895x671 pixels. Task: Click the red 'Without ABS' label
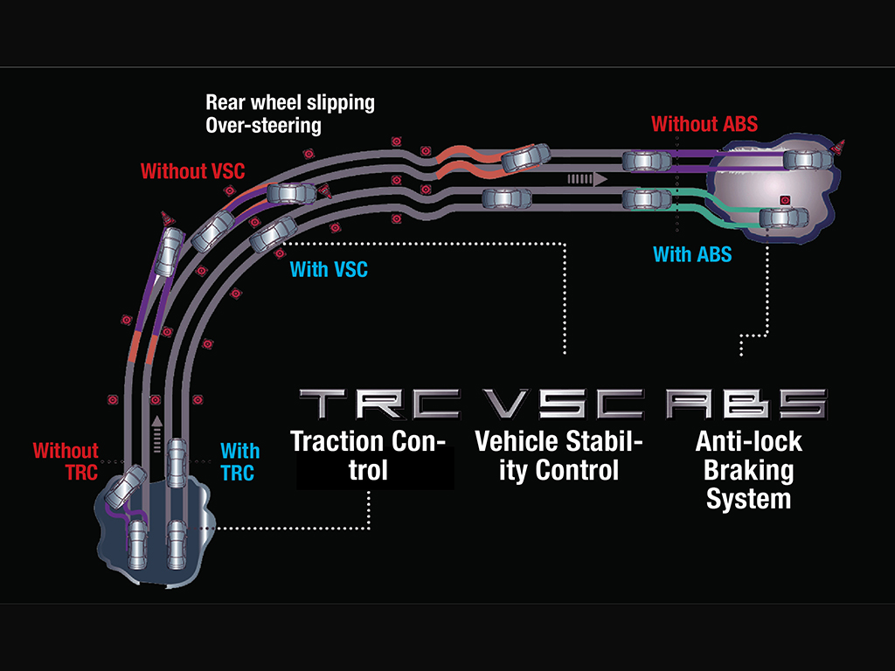pyautogui.click(x=704, y=124)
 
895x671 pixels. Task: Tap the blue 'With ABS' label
pyautogui.click(x=692, y=254)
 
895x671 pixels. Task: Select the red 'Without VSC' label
pyautogui.click(x=192, y=170)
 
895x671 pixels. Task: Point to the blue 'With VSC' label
pyautogui.click(x=329, y=269)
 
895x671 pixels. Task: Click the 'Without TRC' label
pyautogui.click(x=66, y=461)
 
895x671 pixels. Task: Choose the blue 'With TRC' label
pyautogui.click(x=239, y=461)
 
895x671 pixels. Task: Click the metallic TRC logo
pyautogui.click(x=379, y=404)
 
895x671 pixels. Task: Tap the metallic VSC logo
pyautogui.click(x=563, y=404)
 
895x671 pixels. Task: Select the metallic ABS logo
pyautogui.click(x=746, y=404)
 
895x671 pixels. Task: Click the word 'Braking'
pyautogui.click(x=748, y=471)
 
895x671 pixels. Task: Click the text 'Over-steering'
pyautogui.click(x=263, y=126)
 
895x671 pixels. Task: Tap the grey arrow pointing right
pyautogui.click(x=586, y=179)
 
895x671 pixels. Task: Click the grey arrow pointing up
pyautogui.click(x=157, y=435)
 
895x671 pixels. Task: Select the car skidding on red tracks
pyautogui.click(x=525, y=157)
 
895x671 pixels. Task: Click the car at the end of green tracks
pyautogui.click(x=784, y=218)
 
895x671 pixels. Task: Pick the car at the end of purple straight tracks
pyautogui.click(x=808, y=161)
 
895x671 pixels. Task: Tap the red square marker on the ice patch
pyautogui.click(x=786, y=200)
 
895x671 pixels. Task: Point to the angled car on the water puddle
pyautogui.click(x=126, y=487)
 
